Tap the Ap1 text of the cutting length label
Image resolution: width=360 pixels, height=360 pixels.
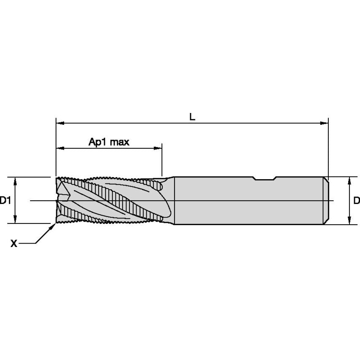pos(97,142)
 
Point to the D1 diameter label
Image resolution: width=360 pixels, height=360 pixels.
pos(5,201)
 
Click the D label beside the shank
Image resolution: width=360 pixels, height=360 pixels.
pos(357,201)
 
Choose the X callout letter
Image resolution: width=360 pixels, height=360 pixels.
pos(13,243)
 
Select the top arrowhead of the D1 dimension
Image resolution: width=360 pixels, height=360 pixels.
pos(15,181)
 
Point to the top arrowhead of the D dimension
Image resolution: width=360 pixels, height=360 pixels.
pos(349,181)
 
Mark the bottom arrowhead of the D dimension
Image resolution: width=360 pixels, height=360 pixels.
pos(349,220)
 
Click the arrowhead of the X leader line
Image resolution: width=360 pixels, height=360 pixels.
pos(54,226)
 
